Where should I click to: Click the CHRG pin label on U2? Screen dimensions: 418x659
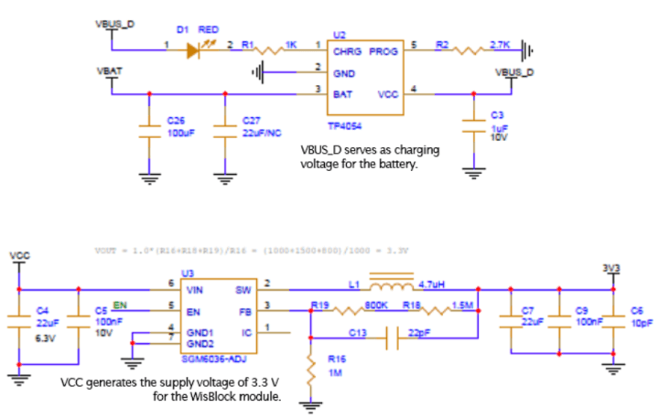click(345, 52)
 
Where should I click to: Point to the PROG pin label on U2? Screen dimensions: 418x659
click(384, 52)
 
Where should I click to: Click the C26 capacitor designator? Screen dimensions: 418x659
click(175, 120)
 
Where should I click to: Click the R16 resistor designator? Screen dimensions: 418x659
click(336, 360)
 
